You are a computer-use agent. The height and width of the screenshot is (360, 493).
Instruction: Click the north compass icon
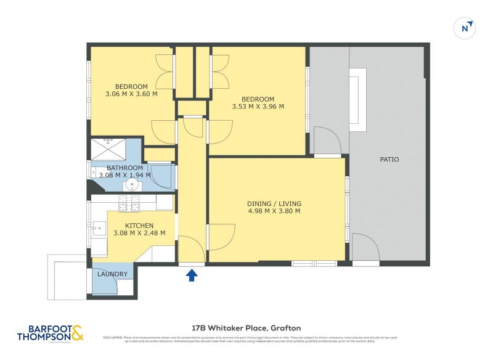467,28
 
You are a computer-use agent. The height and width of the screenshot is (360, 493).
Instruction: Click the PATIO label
389,160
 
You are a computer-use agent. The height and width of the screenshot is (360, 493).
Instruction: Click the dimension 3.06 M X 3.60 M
131,94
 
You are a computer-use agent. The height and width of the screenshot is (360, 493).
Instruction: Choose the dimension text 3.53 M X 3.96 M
258,107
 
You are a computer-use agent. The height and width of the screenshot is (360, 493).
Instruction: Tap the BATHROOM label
124,168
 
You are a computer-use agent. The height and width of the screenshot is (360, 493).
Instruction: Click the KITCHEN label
139,226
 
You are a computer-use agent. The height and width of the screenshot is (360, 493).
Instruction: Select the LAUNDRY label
112,274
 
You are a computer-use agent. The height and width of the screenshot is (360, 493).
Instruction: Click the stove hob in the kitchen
129,202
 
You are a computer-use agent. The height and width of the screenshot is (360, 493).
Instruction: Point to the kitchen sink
98,229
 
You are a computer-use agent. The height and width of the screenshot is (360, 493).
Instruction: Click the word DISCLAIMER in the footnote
113,337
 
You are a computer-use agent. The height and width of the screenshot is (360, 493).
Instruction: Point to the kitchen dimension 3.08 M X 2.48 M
139,234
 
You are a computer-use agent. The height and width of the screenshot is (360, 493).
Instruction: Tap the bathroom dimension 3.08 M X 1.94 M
124,176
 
